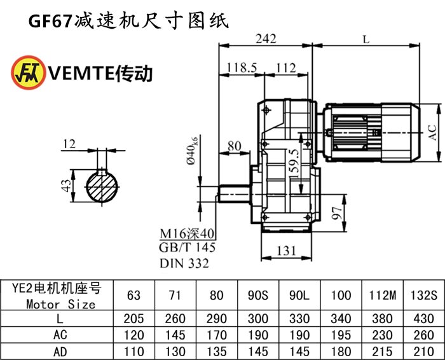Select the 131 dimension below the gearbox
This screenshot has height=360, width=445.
coord(288,252)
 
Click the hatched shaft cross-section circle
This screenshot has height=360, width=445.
coord(102,185)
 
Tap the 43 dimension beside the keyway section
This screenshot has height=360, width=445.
coord(65,186)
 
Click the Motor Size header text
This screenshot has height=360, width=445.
coord(61,304)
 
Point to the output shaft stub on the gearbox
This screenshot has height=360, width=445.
coord(235,191)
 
